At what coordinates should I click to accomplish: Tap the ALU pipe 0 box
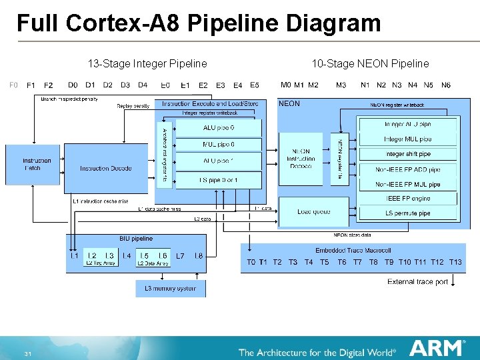tap(219, 127)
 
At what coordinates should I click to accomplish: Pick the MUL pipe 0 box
tap(219, 145)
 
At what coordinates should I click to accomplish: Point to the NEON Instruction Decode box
tap(301, 159)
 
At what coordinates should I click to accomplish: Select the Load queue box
tap(313, 212)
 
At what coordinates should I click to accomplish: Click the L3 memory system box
tap(171, 289)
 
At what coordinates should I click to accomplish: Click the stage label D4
tap(143, 85)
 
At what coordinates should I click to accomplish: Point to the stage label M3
tap(341, 85)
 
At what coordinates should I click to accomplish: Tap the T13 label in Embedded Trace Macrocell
tap(455, 263)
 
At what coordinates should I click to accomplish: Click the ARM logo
tap(437, 349)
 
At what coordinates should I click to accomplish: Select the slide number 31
tap(27, 353)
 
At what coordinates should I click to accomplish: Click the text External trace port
tap(417, 282)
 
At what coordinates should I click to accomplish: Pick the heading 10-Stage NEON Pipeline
tap(371, 64)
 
